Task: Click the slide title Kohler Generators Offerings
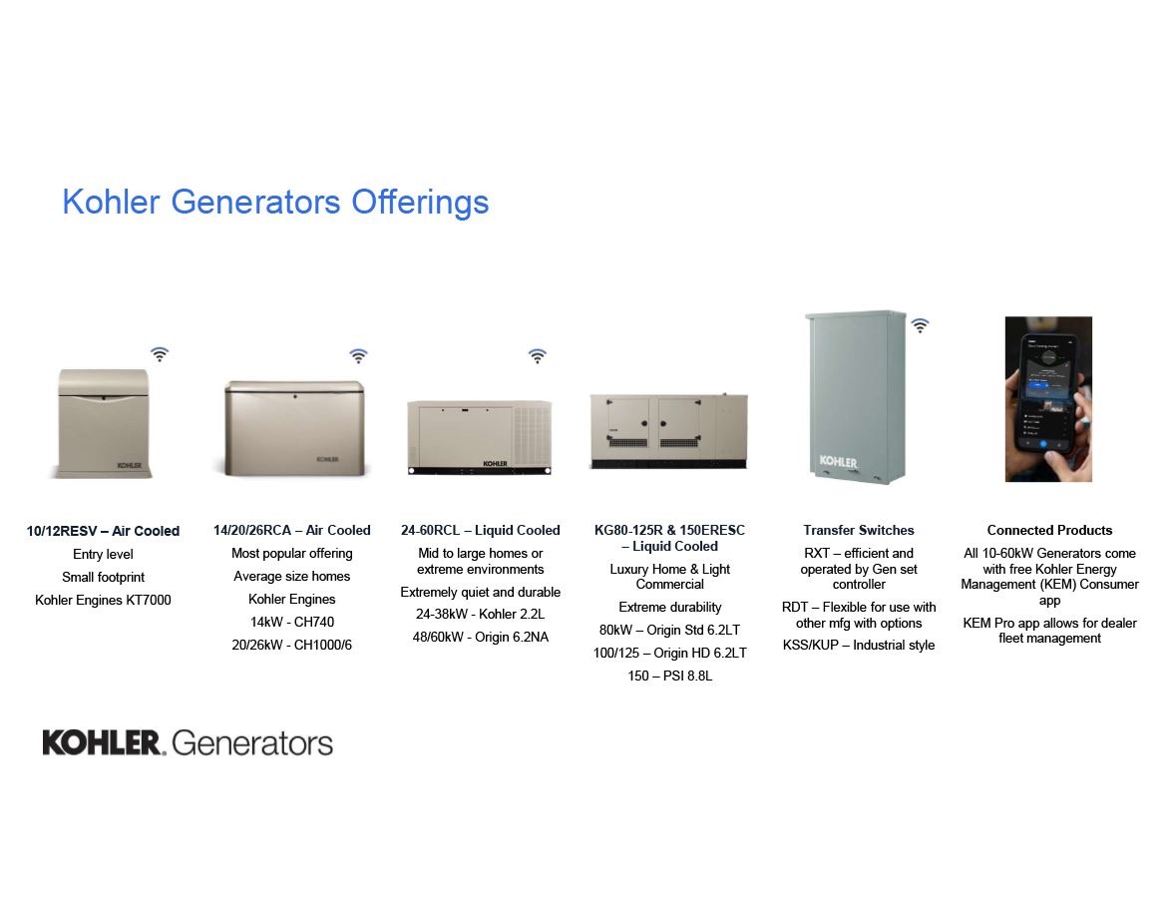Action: coord(275,202)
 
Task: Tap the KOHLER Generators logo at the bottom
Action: coord(188,742)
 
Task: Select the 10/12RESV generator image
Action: coord(103,422)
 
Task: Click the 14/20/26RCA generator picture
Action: coord(292,427)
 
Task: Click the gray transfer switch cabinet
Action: coord(855,395)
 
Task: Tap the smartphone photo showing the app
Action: coord(1047,399)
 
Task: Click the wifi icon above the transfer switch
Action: coord(920,325)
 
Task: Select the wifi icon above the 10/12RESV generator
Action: coord(160,354)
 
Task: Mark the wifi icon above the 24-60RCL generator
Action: coord(537,356)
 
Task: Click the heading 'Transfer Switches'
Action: coord(859,530)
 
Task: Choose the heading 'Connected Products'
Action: coord(1049,530)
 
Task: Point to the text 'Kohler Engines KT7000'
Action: coord(103,600)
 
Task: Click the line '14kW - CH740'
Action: coord(292,622)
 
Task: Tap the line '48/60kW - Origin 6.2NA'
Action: coord(481,637)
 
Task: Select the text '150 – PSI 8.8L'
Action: coord(669,676)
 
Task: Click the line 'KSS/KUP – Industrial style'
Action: coord(859,645)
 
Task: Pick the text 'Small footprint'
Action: coord(103,577)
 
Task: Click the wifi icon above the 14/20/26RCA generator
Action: coord(358,356)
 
